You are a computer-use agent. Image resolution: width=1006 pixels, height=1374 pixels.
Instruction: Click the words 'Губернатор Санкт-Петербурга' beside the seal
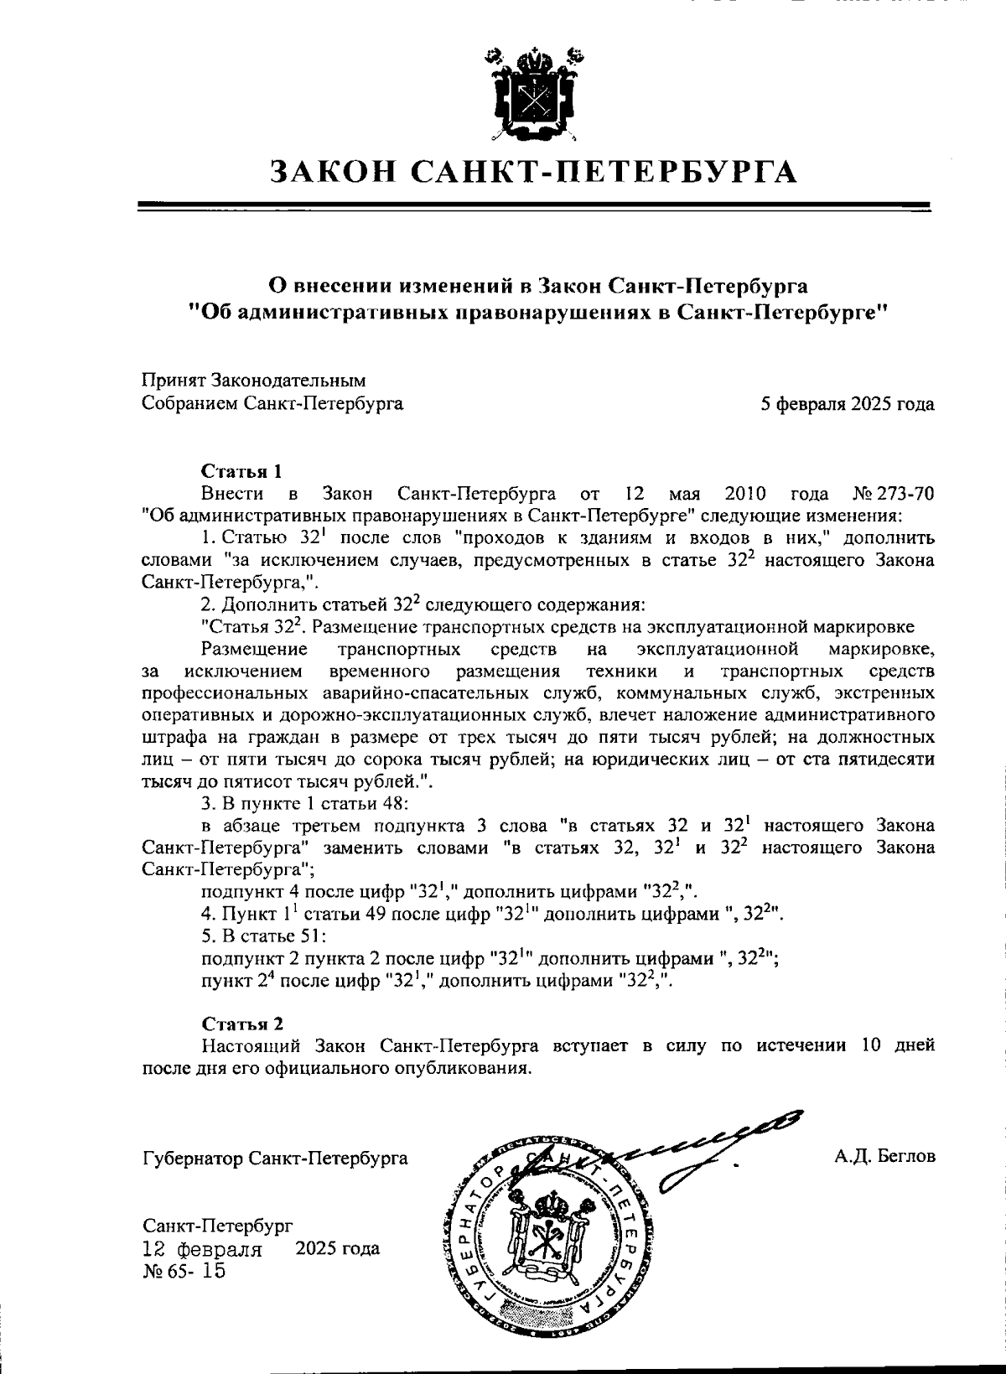pos(276,1159)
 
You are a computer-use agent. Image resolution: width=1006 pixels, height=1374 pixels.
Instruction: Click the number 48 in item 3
pos(395,803)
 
